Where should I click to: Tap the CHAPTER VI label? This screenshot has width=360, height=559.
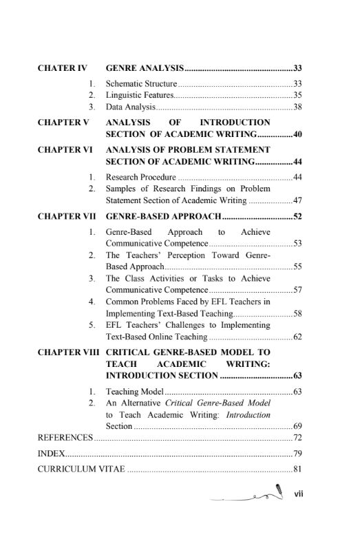click(65, 149)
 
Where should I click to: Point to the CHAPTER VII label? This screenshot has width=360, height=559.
click(66, 216)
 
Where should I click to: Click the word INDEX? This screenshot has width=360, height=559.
click(52, 454)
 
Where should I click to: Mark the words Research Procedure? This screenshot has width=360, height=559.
click(136, 176)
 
